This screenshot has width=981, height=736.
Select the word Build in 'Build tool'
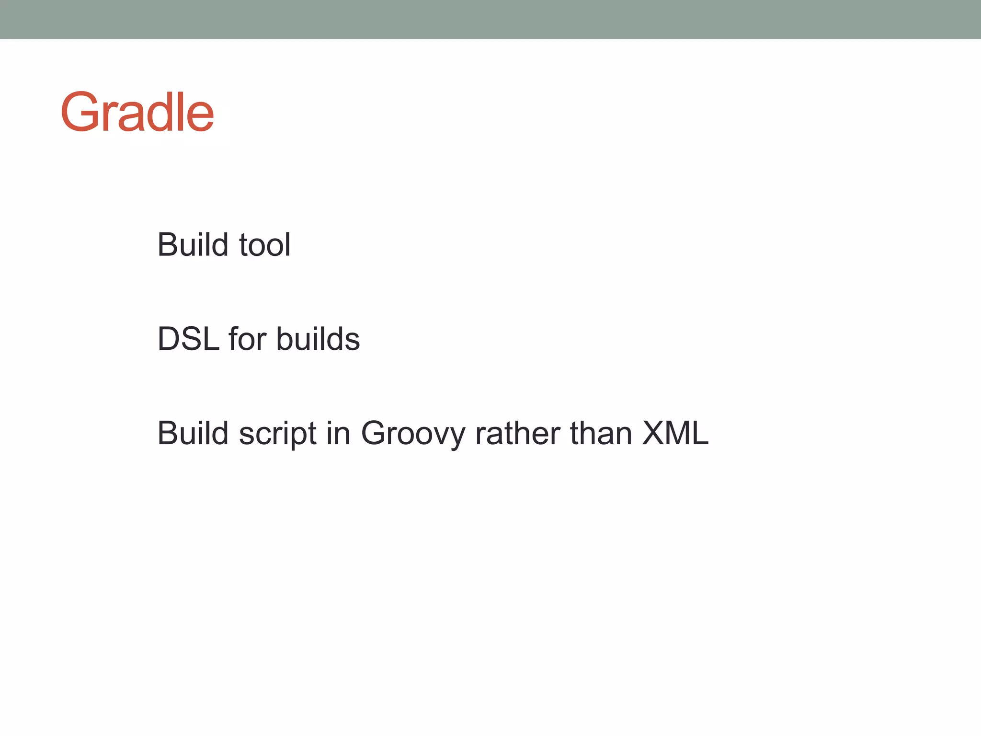click(193, 245)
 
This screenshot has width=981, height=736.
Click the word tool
click(264, 245)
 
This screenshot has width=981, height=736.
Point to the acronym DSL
click(188, 339)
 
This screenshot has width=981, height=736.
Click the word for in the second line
click(247, 339)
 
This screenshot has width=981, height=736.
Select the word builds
click(318, 339)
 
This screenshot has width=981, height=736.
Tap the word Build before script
click(193, 433)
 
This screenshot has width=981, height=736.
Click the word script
click(278, 435)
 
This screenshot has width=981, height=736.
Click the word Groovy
click(413, 435)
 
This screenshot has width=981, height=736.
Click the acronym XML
click(675, 433)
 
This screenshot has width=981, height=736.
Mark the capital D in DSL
click(169, 339)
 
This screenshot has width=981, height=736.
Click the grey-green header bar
click(490, 19)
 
